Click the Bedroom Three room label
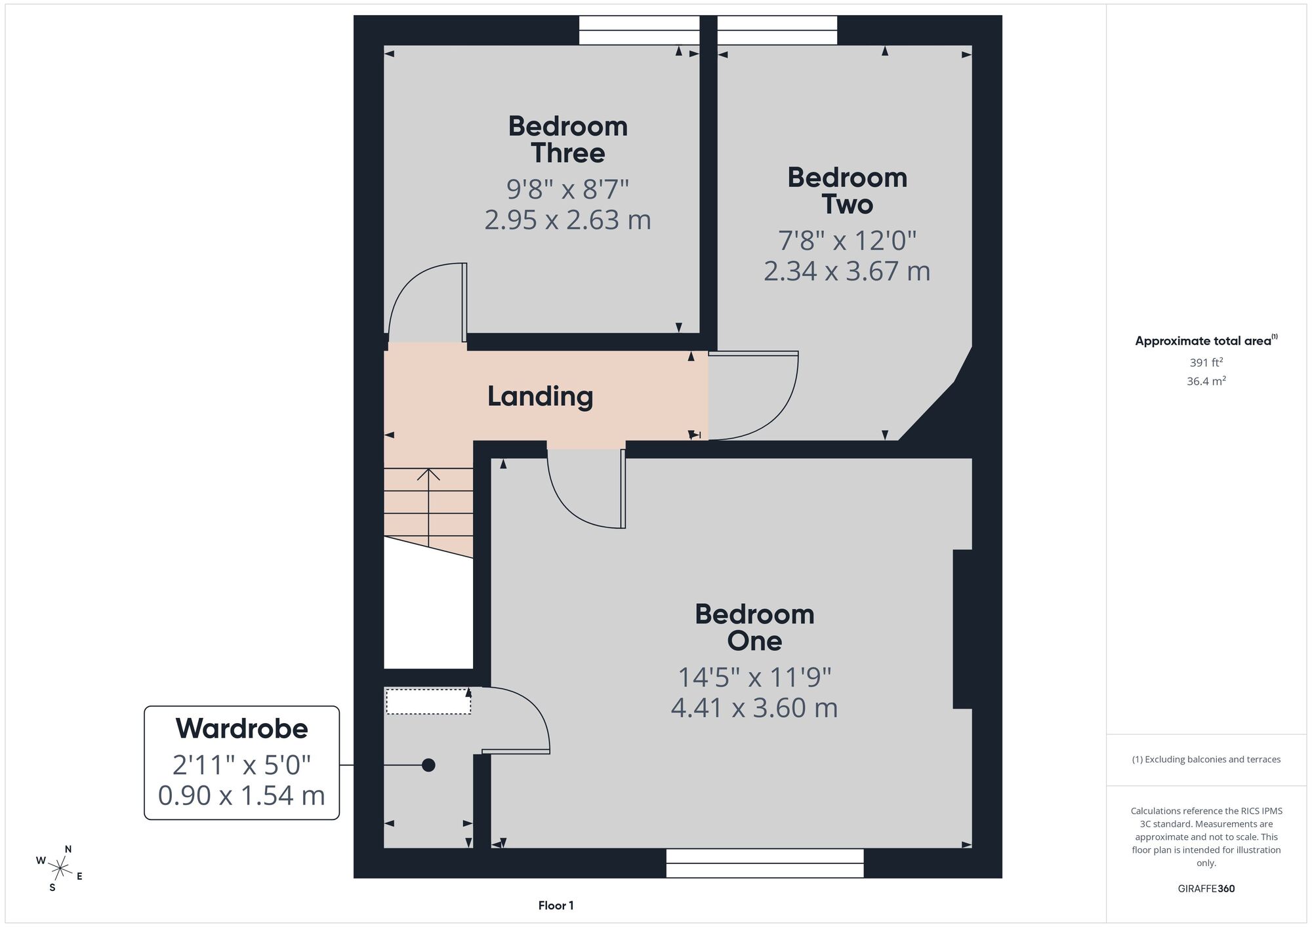(568, 140)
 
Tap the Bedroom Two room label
(848, 191)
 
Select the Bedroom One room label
(755, 627)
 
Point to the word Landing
(541, 397)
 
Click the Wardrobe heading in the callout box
(242, 728)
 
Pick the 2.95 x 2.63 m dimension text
(568, 220)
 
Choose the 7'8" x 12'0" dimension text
(848, 241)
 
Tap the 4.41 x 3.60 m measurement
(754, 708)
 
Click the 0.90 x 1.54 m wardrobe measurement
(242, 796)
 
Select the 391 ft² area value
(1206, 363)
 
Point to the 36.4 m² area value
(1206, 381)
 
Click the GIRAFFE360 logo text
(1206, 889)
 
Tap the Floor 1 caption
(556, 905)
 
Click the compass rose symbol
(60, 869)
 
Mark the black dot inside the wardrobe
(428, 765)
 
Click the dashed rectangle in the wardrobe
(428, 701)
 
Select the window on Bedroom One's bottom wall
(765, 863)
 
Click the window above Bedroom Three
(639, 30)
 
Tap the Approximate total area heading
(1206, 340)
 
